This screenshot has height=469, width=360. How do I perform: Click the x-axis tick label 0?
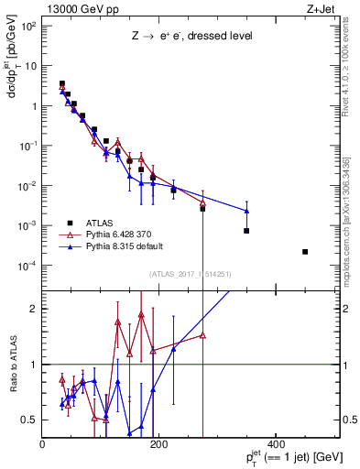pos(43,444)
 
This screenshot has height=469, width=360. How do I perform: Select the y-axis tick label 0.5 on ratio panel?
pos(30,420)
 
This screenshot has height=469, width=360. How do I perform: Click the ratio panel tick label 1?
pos(34,365)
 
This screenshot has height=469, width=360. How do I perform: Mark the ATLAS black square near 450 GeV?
pos(305,252)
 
